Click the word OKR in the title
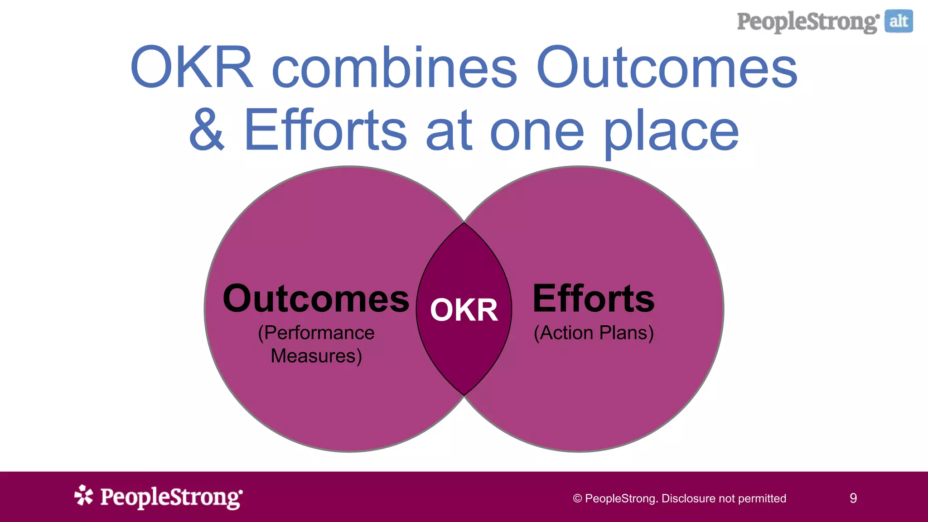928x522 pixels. tap(191, 68)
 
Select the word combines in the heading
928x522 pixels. tap(394, 68)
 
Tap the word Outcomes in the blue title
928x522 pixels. tap(666, 68)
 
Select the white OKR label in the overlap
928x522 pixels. tap(464, 310)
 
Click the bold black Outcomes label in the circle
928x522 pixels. tap(316, 299)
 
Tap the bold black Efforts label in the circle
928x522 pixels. tap(594, 299)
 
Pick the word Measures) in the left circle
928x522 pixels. tap(316, 356)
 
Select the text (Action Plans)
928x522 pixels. tap(594, 333)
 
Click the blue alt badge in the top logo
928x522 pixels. tap(899, 21)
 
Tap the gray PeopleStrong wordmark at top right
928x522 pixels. tap(808, 22)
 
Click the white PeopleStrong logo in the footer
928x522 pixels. tap(171, 498)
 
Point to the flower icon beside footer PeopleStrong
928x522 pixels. tap(83, 495)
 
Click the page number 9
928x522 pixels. tap(853, 498)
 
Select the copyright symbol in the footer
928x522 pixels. tap(577, 499)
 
